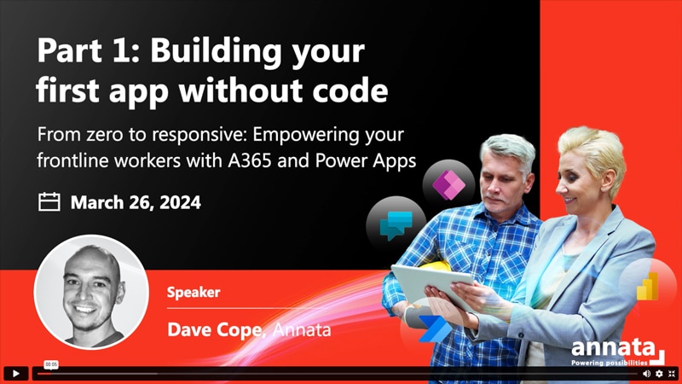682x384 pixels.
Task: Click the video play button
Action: point(15,373)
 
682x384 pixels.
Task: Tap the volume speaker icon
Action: point(646,373)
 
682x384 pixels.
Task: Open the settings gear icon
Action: point(659,373)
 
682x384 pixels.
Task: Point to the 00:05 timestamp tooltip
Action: point(51,364)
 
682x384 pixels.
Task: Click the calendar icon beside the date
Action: point(49,202)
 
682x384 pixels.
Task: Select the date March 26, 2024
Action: point(136,203)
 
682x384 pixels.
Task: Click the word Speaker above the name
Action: point(194,292)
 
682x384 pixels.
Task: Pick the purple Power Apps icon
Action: point(447,183)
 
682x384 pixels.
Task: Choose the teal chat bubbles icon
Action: point(394,224)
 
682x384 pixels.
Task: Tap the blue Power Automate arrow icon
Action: point(433,328)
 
